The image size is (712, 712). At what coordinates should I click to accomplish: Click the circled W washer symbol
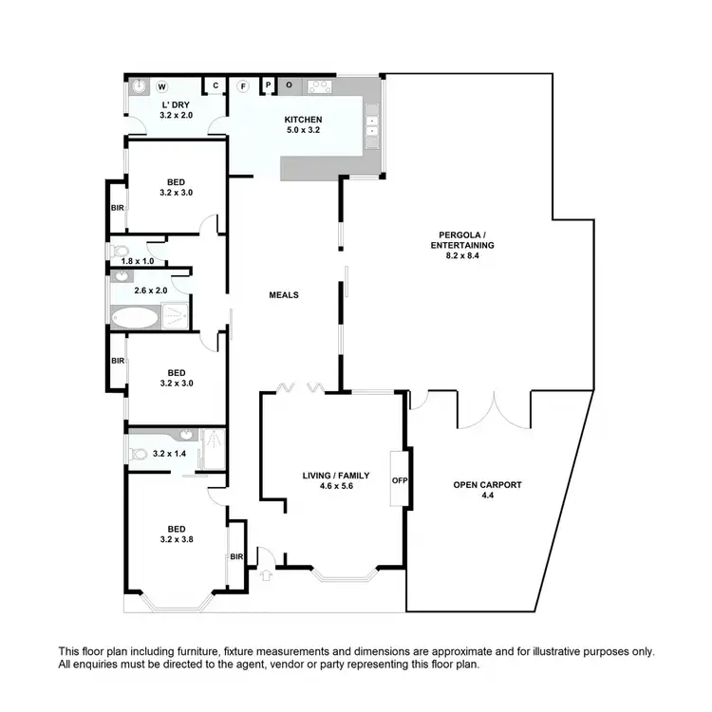161,86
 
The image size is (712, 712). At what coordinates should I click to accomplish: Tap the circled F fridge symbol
243,86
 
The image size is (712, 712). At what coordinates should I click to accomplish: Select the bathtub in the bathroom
136,316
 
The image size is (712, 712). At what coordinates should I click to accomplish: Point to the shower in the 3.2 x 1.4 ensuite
215,440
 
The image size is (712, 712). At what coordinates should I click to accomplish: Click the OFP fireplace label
399,480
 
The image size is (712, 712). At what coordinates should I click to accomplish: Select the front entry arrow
266,573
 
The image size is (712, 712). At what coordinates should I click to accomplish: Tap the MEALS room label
283,295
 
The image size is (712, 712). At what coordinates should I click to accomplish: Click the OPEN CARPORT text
487,485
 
